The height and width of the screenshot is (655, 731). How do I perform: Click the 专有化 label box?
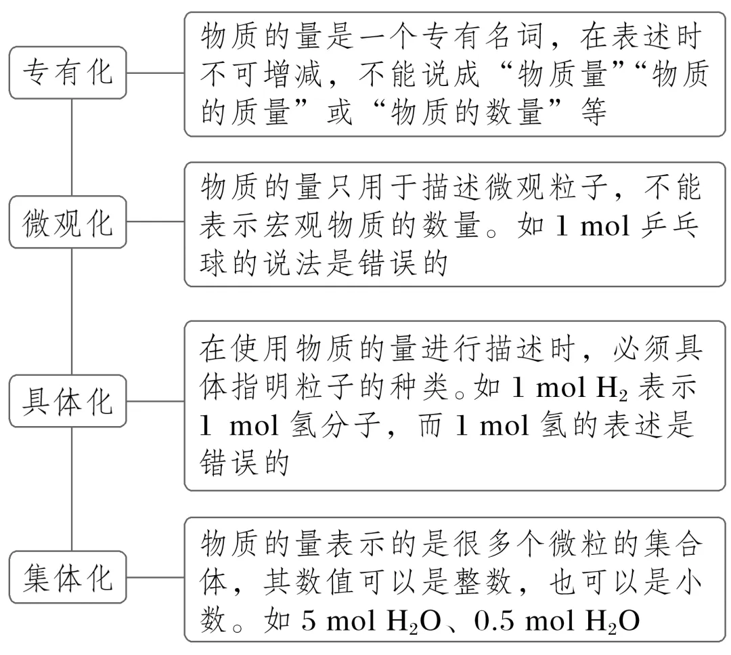click(68, 72)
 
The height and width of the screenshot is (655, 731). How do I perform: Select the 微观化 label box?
click(68, 222)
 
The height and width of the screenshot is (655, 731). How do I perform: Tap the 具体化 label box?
click(68, 401)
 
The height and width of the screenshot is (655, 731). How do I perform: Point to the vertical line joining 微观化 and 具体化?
click(72, 312)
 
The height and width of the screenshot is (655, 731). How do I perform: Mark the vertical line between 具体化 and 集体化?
click(72, 489)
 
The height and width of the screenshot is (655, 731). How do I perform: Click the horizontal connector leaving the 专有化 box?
click(155, 72)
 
